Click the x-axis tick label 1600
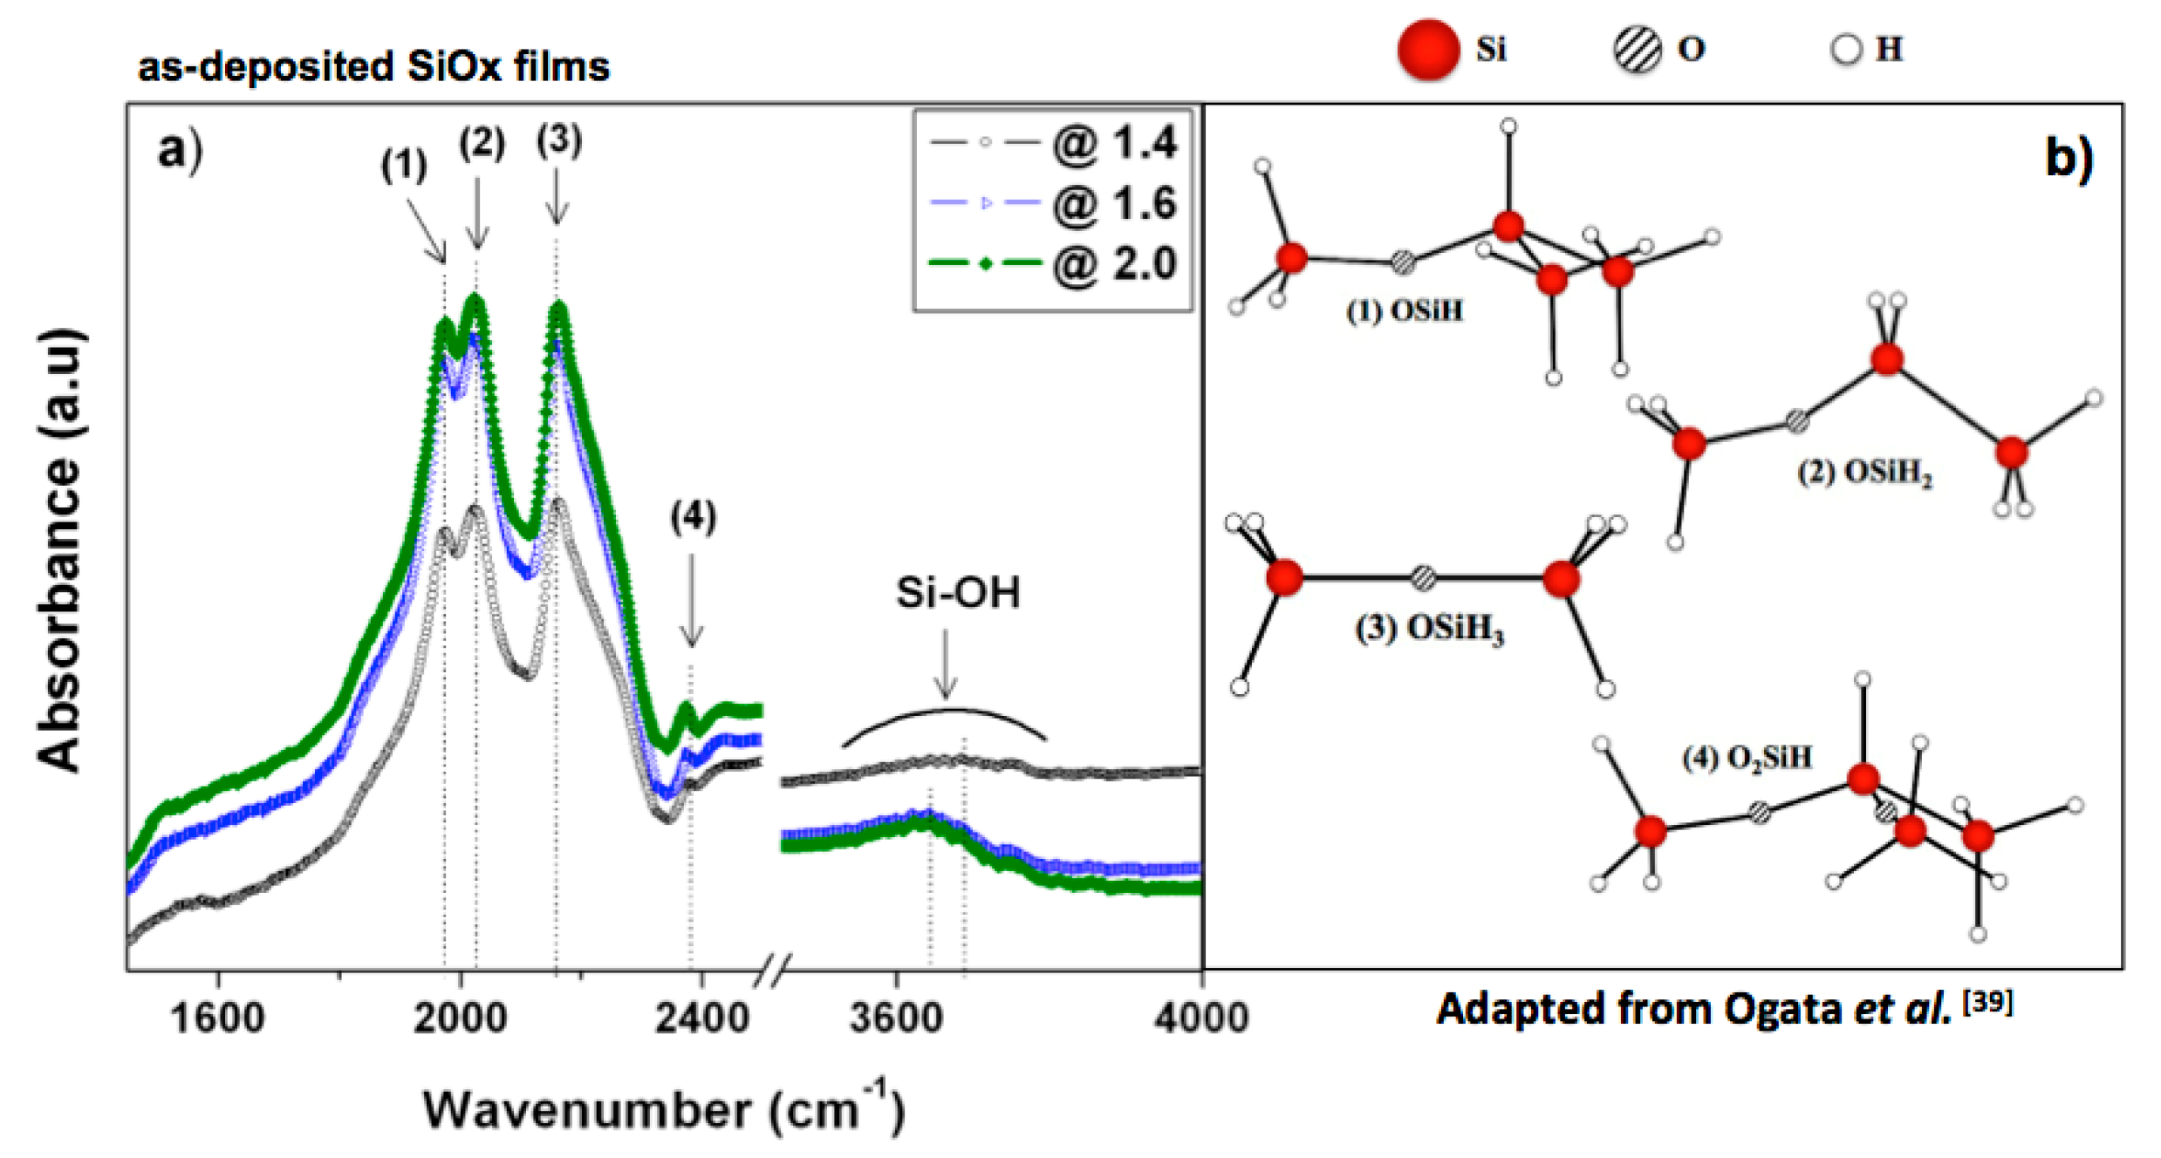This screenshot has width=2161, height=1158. (x=217, y=1018)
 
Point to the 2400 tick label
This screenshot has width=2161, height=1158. (x=701, y=1018)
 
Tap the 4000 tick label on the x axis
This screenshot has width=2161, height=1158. (x=1201, y=1018)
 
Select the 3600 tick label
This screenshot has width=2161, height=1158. (x=896, y=1018)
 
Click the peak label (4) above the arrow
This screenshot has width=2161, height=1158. (x=693, y=517)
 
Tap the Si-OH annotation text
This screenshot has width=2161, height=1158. (x=958, y=593)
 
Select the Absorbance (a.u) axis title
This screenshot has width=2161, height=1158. (x=59, y=549)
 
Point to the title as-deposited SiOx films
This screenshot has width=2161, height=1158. (x=373, y=66)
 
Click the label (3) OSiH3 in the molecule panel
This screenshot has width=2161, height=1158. (x=1429, y=628)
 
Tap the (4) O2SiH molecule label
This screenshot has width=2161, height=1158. (x=1747, y=757)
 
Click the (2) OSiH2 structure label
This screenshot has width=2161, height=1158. (x=1864, y=473)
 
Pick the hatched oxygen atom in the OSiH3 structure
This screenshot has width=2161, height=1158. (x=1423, y=577)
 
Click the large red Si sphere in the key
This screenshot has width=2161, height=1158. (x=1428, y=50)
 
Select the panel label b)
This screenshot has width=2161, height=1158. (x=2069, y=158)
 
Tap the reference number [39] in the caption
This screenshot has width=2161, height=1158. (x=1987, y=1003)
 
